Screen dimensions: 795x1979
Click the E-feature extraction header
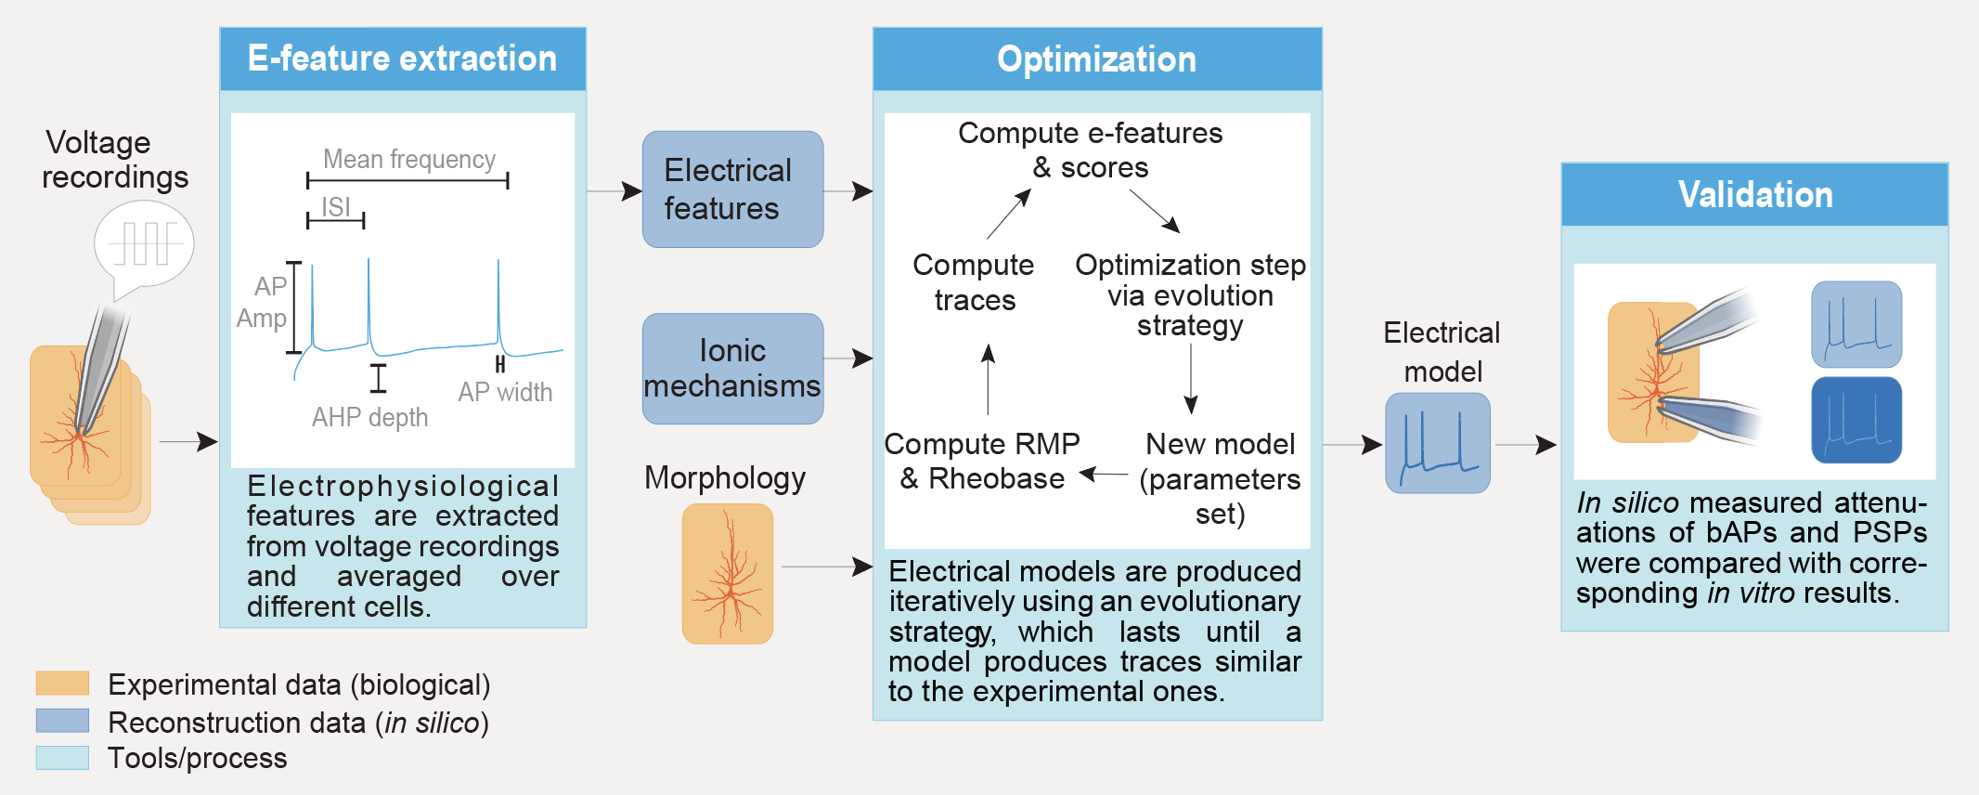[402, 59]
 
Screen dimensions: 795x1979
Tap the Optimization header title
[1096, 59]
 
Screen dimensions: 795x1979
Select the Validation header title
[1754, 195]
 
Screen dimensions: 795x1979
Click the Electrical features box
[732, 189]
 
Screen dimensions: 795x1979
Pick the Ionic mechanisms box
[732, 369]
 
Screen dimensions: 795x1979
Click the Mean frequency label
[408, 160]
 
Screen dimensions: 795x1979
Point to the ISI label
[336, 206]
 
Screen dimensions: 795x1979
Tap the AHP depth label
[369, 418]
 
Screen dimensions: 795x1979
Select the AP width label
[505, 393]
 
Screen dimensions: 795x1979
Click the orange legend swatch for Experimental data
[62, 684]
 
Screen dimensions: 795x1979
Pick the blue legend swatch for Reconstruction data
[62, 721]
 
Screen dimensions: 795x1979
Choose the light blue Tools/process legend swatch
[62, 758]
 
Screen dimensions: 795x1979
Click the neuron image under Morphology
[728, 574]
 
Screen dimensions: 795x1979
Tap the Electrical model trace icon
[1437, 443]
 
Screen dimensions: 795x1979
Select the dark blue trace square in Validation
[1856, 420]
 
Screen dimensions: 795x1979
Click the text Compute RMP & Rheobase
[982, 461]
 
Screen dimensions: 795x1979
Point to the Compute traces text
[974, 282]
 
